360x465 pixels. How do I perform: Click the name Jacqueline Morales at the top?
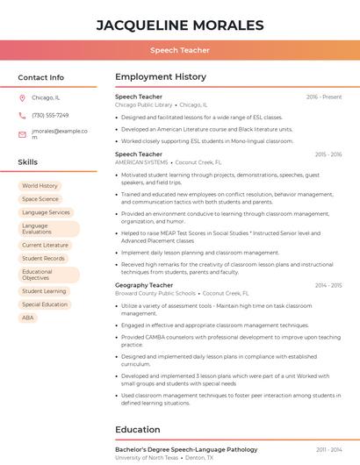[x=179, y=25]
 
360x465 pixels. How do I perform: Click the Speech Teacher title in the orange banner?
[x=179, y=51]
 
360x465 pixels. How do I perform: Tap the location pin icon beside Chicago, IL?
[x=22, y=98]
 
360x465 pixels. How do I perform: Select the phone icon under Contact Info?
[x=22, y=116]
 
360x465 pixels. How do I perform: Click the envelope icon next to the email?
[x=22, y=134]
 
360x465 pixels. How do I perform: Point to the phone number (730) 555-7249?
[x=50, y=116]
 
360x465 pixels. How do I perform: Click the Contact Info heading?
[x=40, y=77]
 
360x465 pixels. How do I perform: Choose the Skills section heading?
[x=28, y=162]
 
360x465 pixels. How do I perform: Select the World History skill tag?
[x=40, y=186]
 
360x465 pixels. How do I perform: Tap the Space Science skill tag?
[x=40, y=199]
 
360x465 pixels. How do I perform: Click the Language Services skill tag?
[x=46, y=212]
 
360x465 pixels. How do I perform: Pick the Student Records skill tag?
[x=43, y=259]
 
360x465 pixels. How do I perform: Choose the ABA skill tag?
[x=28, y=318]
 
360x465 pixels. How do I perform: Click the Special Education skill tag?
[x=45, y=304]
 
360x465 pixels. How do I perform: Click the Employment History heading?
[x=160, y=77]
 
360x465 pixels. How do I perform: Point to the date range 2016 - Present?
[x=324, y=97]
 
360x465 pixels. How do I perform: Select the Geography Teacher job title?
[x=144, y=285]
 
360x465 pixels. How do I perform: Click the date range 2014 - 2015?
[x=328, y=285]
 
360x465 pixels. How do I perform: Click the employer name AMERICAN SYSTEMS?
[x=141, y=162]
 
